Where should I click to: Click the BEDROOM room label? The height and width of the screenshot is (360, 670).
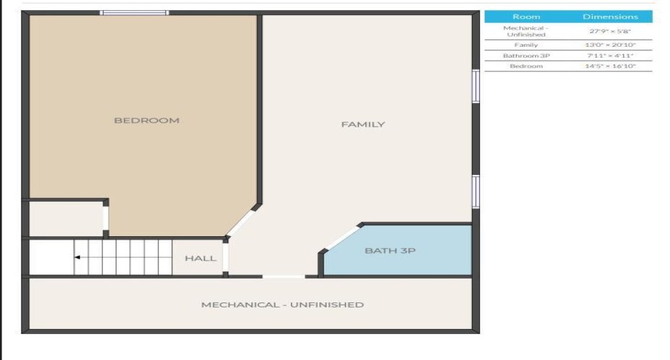[146, 120]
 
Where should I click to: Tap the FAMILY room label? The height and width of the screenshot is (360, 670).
[362, 124]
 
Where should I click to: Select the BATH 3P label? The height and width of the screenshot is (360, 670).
[390, 251]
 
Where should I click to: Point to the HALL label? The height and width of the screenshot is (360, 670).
[200, 258]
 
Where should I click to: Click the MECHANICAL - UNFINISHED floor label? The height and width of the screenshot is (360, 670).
[282, 305]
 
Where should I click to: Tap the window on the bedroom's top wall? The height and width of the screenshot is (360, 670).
[134, 12]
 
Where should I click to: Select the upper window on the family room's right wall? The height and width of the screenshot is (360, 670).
[475, 86]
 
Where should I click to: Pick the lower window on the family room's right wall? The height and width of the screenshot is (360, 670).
[475, 192]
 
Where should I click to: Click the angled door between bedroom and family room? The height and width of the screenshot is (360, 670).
[243, 220]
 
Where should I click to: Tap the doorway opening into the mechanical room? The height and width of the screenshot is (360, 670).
[283, 276]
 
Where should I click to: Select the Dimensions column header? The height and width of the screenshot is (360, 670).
[610, 17]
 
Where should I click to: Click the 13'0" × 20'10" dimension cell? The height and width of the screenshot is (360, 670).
[610, 45]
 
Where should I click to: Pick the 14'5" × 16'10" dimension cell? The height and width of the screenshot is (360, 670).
[610, 66]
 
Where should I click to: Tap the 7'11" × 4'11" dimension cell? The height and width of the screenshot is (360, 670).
[610, 55]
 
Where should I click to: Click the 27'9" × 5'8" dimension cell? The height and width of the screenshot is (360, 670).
[610, 31]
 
